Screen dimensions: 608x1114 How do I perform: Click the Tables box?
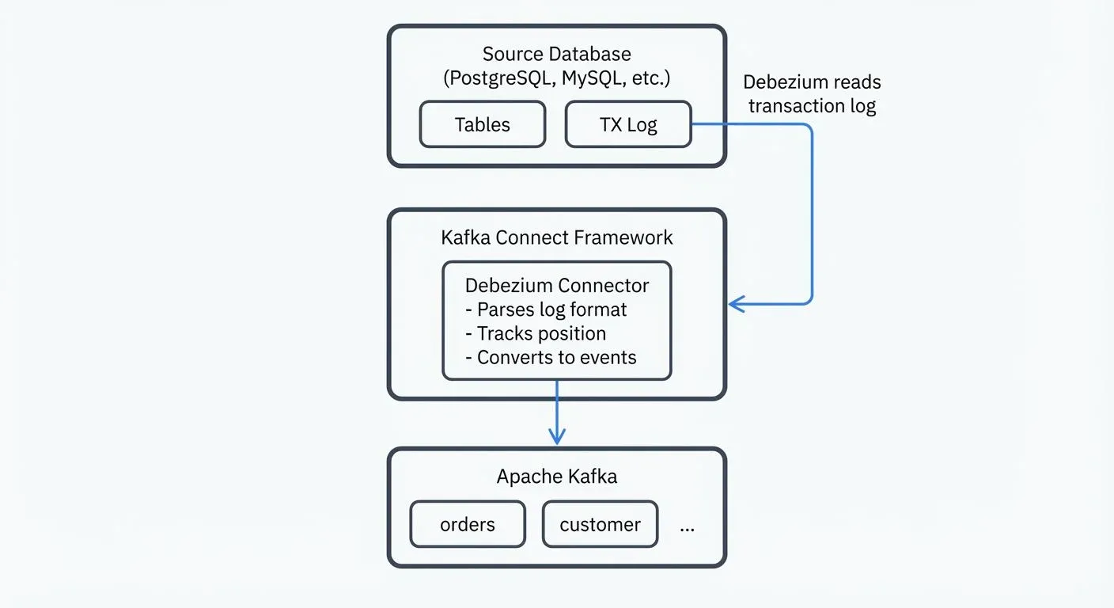tap(482, 124)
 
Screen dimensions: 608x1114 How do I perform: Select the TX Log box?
tap(628, 124)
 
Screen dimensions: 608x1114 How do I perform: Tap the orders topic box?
tap(467, 524)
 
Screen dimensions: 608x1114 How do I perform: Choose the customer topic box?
tap(600, 524)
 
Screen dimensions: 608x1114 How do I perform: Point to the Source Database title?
tap(557, 55)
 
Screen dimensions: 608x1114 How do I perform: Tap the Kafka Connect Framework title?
tap(557, 237)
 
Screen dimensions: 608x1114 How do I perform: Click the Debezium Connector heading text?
tap(557, 286)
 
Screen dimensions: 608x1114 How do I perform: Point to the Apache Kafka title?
tap(557, 477)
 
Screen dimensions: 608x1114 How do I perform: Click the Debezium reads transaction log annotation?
tap(812, 93)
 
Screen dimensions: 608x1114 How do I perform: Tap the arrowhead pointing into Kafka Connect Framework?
tap(735, 303)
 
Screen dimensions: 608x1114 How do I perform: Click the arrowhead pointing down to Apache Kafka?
tap(557, 437)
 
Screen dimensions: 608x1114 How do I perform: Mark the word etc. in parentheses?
tap(650, 79)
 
